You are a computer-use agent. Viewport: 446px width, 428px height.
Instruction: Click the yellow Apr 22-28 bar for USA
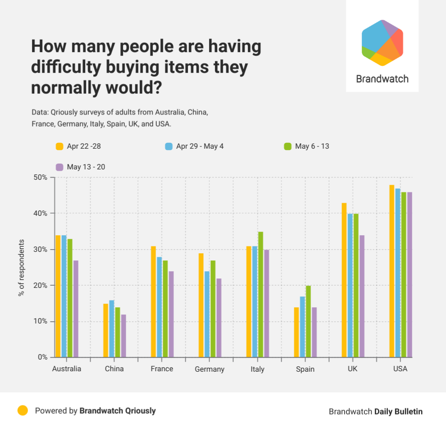[x=391, y=271]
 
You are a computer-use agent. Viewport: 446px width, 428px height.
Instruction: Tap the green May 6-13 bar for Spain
[x=308, y=321]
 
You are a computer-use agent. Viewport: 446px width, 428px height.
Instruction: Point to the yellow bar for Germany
[x=201, y=305]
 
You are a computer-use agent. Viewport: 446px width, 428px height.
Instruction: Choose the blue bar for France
[x=159, y=307]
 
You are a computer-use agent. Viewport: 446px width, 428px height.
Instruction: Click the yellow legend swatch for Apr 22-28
[x=59, y=146]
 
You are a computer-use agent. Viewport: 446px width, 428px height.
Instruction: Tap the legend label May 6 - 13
[x=312, y=146]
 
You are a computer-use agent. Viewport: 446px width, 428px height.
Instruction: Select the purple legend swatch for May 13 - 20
[x=59, y=167]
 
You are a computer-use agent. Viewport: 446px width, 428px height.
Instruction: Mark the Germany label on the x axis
[x=209, y=369]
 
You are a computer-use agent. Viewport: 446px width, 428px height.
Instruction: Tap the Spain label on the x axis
[x=305, y=369]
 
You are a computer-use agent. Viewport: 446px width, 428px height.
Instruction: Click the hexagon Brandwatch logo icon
[x=382, y=43]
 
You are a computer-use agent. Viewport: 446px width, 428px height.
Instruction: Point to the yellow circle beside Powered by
[x=23, y=410]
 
